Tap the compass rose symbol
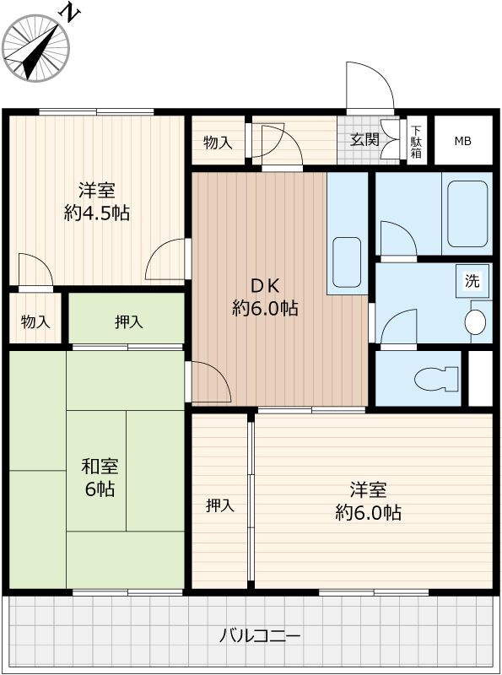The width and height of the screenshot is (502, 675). pyautogui.click(x=35, y=48)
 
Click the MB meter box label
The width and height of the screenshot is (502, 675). pyautogui.click(x=463, y=141)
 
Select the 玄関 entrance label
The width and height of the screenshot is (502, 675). pyautogui.click(x=364, y=139)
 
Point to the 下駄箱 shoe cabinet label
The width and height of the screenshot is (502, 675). pyautogui.click(x=416, y=142)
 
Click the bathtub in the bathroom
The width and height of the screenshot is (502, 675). pyautogui.click(x=467, y=213)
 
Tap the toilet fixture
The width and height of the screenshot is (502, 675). pyautogui.click(x=435, y=379)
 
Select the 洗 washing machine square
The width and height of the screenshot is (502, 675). pyautogui.click(x=472, y=281)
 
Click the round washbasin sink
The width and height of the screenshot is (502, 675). pyautogui.click(x=475, y=321)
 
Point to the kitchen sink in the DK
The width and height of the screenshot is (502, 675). pyautogui.click(x=347, y=262)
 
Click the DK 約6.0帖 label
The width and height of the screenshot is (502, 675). pyautogui.click(x=265, y=297)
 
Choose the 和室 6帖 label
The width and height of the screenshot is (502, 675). pyautogui.click(x=100, y=478)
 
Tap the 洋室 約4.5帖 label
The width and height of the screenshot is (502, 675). pyautogui.click(x=97, y=202)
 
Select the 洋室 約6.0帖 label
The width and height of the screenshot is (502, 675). pyautogui.click(x=369, y=501)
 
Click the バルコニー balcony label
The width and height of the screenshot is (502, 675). pyautogui.click(x=260, y=635)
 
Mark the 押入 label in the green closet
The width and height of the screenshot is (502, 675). pyautogui.click(x=129, y=321)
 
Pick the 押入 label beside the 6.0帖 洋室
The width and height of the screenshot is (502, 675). pyautogui.click(x=220, y=505)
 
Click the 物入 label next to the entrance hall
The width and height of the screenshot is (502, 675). pyautogui.click(x=218, y=142)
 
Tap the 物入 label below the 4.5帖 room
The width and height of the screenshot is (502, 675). pyautogui.click(x=35, y=321)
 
